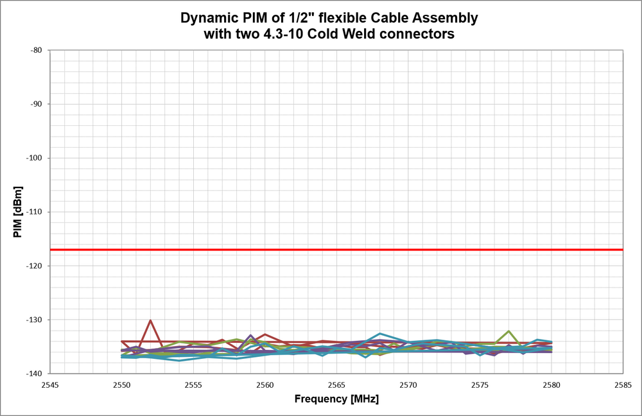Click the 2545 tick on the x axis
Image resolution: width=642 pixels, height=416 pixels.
(50, 385)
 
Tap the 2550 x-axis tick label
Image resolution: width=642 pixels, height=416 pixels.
(122, 385)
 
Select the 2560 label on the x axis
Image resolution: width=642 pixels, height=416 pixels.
(265, 385)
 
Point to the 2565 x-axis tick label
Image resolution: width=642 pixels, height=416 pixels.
(337, 385)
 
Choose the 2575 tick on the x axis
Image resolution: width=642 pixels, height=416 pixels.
(480, 385)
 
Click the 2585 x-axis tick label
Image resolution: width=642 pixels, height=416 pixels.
(623, 385)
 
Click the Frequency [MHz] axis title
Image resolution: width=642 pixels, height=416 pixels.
(336, 399)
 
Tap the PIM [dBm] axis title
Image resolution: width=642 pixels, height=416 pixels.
(17, 212)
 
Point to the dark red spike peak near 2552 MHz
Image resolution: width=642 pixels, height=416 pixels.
(150, 320)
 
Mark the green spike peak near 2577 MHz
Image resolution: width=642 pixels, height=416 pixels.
(508, 331)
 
